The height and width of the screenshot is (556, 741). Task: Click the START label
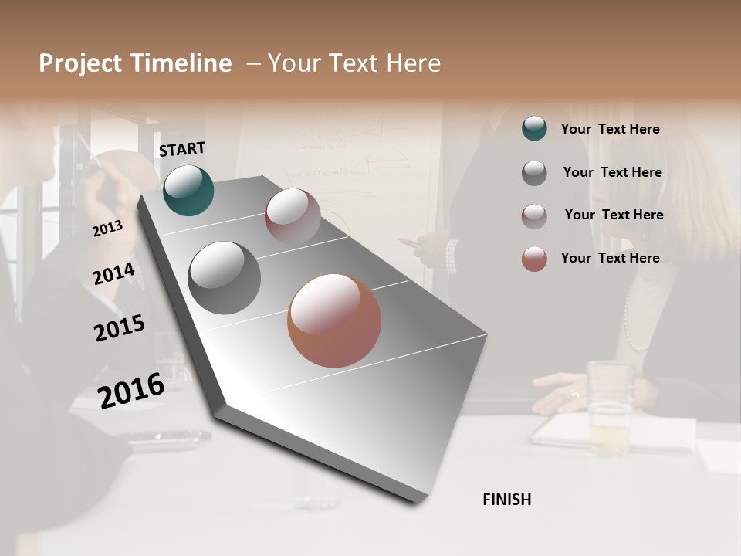182,149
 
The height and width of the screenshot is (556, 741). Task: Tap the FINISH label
506,500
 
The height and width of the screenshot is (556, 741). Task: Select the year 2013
107,228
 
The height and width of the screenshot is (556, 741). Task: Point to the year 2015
119,328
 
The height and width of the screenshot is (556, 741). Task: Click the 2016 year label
131,390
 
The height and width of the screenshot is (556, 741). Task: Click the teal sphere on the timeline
188,190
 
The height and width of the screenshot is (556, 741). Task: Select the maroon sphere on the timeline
293,216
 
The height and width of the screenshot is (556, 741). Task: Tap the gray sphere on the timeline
224,278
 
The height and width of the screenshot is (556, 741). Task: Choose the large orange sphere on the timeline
334,320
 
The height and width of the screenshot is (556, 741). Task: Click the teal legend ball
534,128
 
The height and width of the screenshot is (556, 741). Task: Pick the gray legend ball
534,173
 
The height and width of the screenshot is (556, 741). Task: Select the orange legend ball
534,259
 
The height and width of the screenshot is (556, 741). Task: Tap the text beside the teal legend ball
610,129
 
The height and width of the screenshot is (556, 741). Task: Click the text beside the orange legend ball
610,258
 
